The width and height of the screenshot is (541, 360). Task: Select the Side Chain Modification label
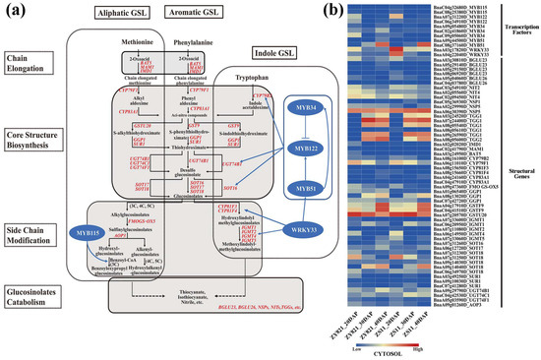click(33, 226)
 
